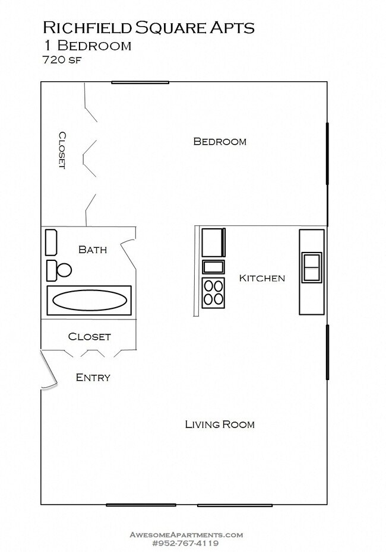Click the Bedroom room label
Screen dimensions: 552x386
[220, 141]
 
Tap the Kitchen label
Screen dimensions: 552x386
[261, 277]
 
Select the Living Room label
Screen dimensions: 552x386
[219, 424]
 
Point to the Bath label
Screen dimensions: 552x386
[93, 250]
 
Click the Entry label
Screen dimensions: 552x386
[93, 377]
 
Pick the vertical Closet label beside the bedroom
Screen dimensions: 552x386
[61, 150]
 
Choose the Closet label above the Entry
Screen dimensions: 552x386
[89, 336]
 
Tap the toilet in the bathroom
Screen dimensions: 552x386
[59, 270]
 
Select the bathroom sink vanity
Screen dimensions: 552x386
[51, 242]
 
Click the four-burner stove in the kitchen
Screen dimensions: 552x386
[213, 292]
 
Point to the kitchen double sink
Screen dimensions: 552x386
[312, 267]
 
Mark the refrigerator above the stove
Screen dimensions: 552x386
[213, 242]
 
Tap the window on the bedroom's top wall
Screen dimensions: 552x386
[140, 82]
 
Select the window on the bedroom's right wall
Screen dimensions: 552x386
[327, 154]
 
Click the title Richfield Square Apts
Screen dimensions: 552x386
[148, 27]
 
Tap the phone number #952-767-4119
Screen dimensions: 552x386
[185, 543]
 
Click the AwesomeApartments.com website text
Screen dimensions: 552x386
[186, 534]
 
